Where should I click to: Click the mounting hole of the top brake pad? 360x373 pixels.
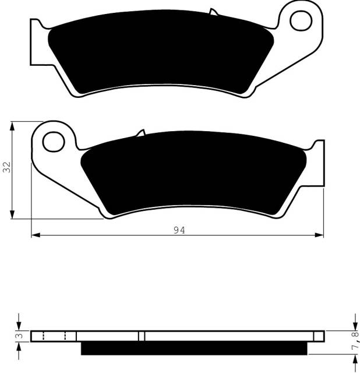click(301, 21)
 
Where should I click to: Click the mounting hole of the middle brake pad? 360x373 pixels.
click(54, 142)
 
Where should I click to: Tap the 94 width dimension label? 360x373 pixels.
click(179, 230)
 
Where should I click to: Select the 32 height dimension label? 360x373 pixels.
click(7, 167)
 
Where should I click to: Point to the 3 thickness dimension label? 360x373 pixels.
click(20, 336)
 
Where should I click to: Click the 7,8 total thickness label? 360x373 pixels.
click(355, 340)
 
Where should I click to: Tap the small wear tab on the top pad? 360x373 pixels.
click(214, 12)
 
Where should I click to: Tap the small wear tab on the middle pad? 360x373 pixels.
click(140, 133)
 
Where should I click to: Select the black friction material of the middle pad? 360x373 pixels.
click(193, 173)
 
